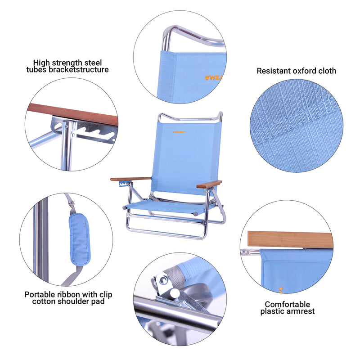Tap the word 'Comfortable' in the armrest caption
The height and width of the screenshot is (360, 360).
click(x=287, y=305)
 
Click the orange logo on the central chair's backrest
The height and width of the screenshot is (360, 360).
click(x=180, y=132)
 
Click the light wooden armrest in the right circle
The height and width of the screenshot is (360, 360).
click(x=290, y=239)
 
